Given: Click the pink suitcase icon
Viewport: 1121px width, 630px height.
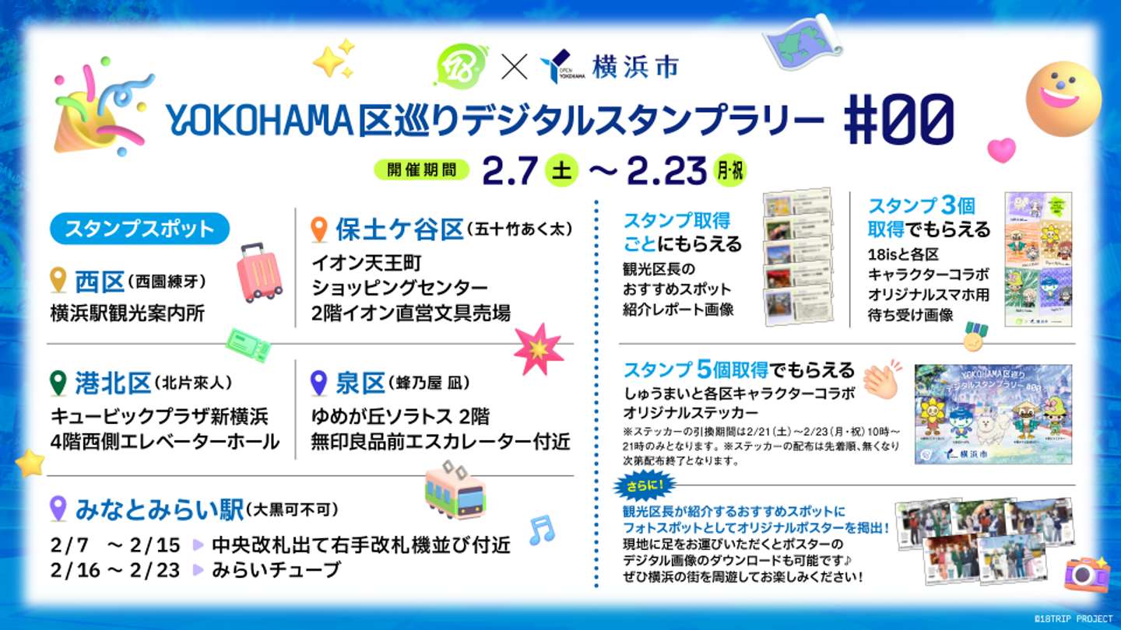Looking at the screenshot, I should [258, 272].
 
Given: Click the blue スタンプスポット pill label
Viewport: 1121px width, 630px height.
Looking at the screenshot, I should [139, 229].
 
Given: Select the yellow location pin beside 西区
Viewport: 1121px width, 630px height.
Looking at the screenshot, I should [58, 279].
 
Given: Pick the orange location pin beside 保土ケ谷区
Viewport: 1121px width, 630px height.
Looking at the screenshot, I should [318, 229].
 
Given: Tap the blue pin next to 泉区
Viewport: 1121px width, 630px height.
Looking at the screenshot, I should [318, 383].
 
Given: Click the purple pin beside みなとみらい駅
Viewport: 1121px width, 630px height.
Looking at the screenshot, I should [58, 509].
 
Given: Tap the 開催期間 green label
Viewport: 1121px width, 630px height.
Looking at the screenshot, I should [421, 170].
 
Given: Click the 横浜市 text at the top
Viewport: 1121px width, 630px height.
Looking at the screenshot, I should [634, 66].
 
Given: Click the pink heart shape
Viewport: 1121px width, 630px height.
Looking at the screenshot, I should [1001, 149].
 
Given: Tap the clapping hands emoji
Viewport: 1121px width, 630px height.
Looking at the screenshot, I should [881, 379].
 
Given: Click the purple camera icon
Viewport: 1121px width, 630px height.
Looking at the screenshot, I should [1087, 574].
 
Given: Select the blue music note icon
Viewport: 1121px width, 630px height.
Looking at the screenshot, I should [542, 530].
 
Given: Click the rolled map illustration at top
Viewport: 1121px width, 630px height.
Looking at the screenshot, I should [802, 43].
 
